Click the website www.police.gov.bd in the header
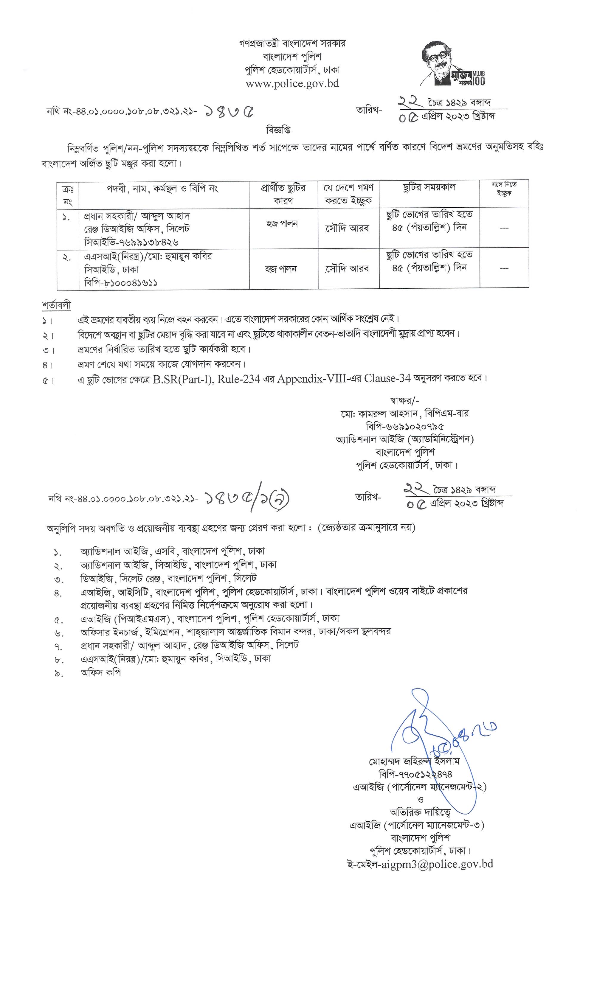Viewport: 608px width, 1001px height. [x=292, y=84]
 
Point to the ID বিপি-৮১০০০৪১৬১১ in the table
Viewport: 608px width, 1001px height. [x=121, y=283]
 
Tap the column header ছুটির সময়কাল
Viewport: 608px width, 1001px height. [x=429, y=188]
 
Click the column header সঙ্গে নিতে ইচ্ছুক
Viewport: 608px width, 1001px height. [x=504, y=189]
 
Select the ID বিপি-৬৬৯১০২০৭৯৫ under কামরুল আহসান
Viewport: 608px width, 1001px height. [x=404, y=427]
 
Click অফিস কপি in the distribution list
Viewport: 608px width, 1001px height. [x=101, y=673]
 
